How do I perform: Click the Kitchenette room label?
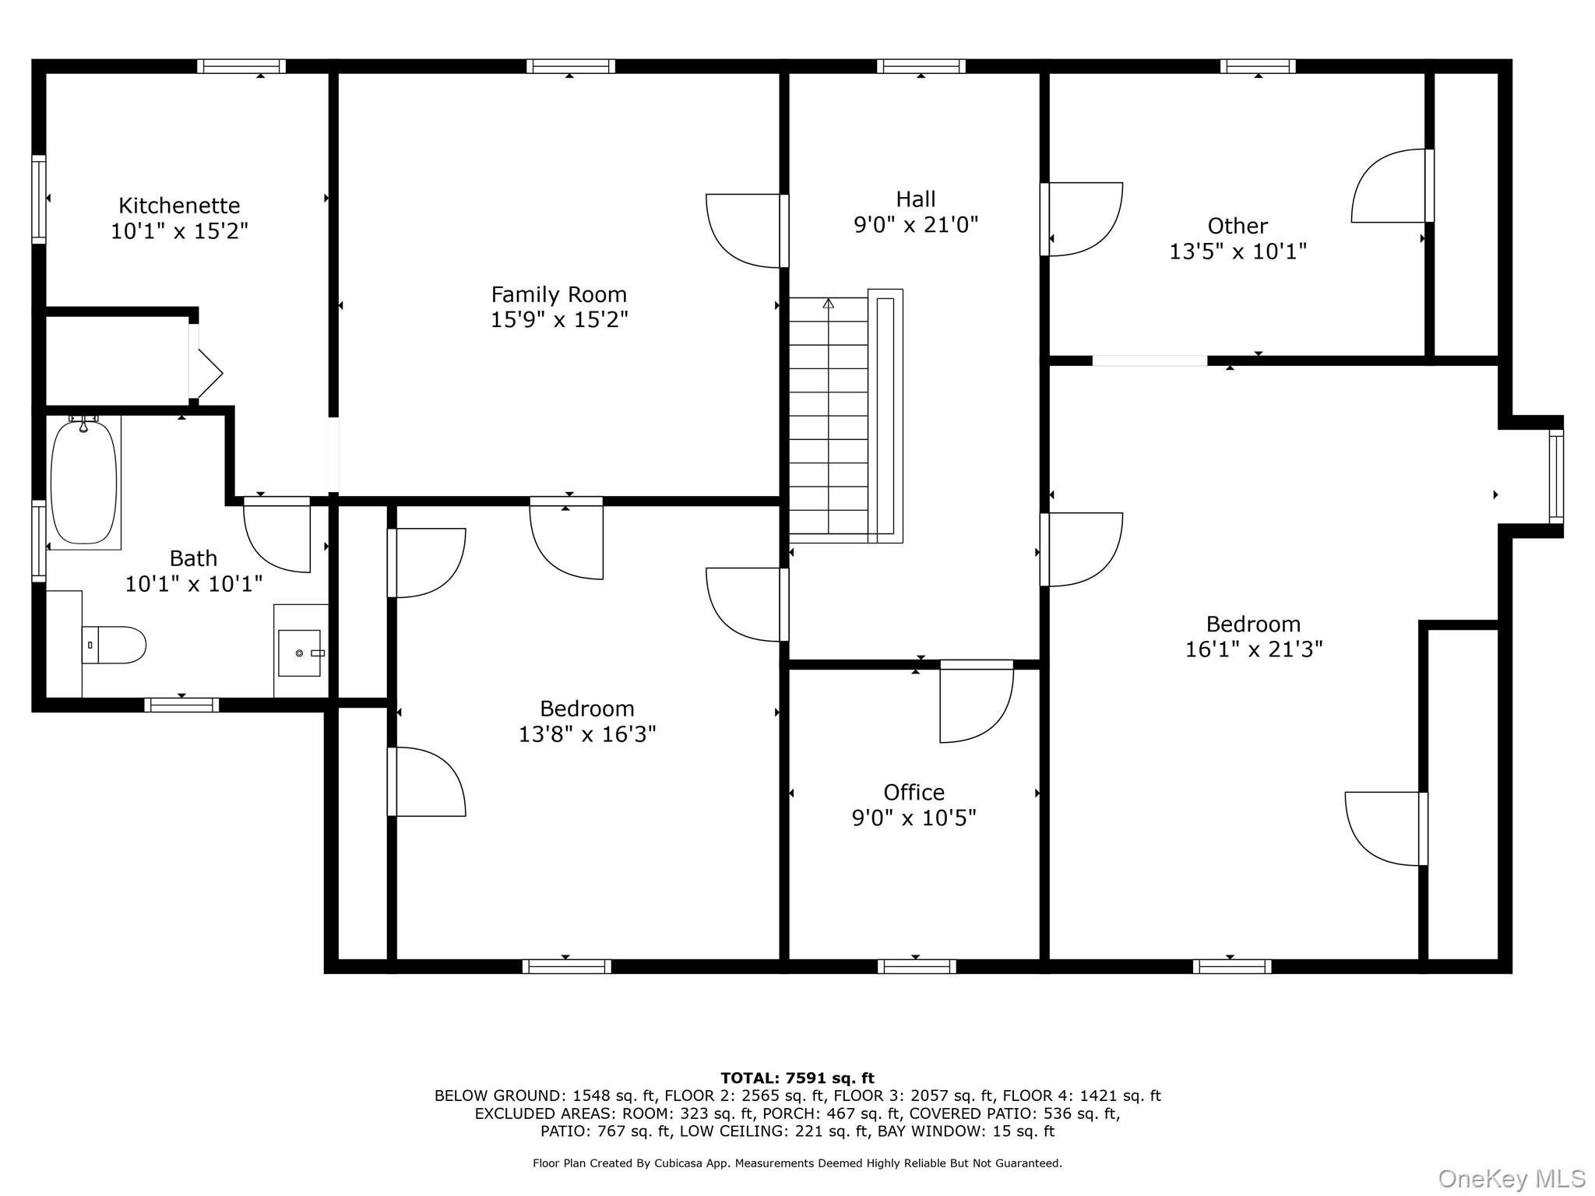tap(179, 206)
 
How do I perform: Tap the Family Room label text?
tap(558, 294)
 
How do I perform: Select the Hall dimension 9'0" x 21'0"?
tap(916, 225)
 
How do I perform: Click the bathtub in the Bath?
tap(84, 482)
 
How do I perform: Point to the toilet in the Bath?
tap(114, 645)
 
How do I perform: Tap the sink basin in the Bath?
tap(300, 653)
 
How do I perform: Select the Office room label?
tap(914, 793)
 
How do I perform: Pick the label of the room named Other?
tap(1238, 226)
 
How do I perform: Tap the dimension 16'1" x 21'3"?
tap(1254, 649)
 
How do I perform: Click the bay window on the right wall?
tap(1556, 477)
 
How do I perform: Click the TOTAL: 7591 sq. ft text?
tap(797, 1078)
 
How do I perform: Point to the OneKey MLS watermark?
tap(1511, 1179)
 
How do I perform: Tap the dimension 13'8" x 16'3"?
tap(587, 734)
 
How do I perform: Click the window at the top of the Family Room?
tap(571, 66)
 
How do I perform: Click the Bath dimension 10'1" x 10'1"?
tap(194, 584)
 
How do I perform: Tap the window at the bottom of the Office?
tap(917, 966)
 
